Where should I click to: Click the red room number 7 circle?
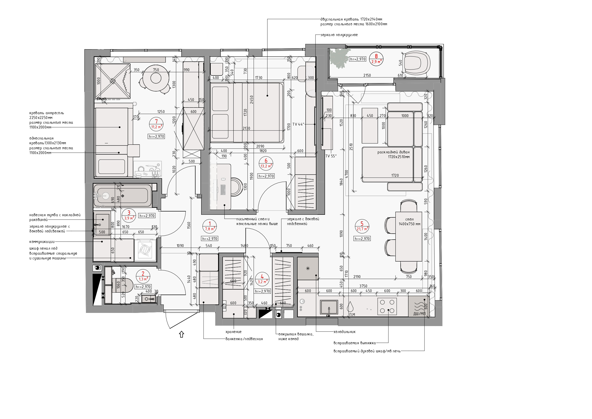[x=156, y=124]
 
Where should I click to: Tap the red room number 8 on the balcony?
[x=376, y=56]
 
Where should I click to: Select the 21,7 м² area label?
[x=362, y=229]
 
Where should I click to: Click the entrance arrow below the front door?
[x=182, y=334]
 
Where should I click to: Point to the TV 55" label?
[x=331, y=156]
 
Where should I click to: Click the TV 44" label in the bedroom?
[x=298, y=124]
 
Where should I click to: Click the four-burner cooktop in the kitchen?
[x=387, y=306]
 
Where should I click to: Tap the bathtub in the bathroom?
[x=122, y=195]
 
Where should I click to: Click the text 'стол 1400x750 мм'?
[x=409, y=221]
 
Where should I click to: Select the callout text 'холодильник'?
[x=345, y=332]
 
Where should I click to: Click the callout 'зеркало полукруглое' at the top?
[x=339, y=35]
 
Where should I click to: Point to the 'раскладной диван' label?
[x=393, y=152]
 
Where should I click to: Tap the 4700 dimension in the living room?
[x=346, y=174]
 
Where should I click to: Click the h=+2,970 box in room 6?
[x=266, y=176]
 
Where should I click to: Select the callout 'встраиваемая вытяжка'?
[x=355, y=343]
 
